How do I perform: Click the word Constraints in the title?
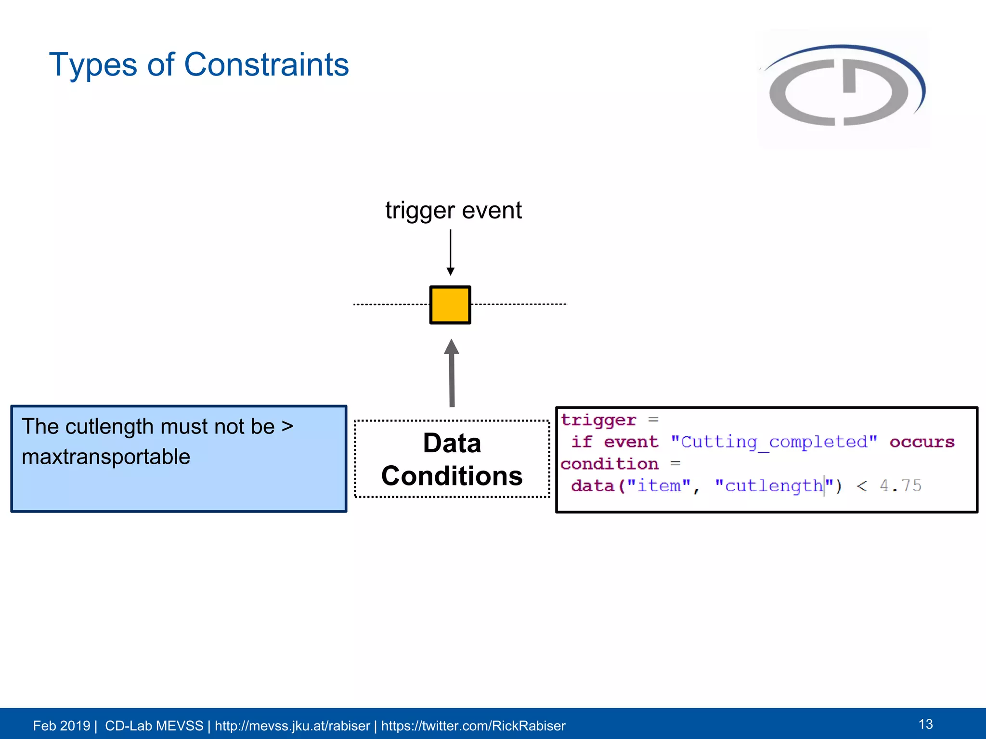pos(266,64)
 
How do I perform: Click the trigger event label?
pos(453,210)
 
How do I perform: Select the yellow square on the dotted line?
pos(450,305)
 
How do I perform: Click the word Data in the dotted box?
pos(452,443)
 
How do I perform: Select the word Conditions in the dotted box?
pos(452,476)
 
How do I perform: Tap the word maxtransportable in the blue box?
pos(106,457)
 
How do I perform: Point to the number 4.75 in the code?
pos(900,485)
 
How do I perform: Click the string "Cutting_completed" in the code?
pos(774,442)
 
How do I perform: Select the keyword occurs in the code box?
pos(921,442)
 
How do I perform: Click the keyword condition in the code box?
pos(610,464)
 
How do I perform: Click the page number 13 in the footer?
pos(925,724)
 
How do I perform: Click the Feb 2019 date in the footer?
pos(61,726)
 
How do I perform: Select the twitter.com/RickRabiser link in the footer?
pos(473,726)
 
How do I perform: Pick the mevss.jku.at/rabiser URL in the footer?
pos(292,726)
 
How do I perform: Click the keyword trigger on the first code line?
pos(598,420)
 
